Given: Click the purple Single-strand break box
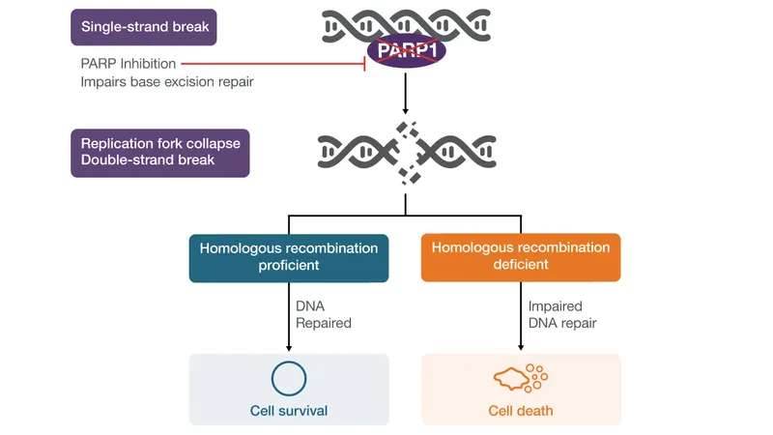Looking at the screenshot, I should tap(143, 27).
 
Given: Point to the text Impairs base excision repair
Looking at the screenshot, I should tap(167, 82).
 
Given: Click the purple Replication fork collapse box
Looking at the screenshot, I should tap(160, 152).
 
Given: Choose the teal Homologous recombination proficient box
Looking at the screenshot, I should tap(289, 256).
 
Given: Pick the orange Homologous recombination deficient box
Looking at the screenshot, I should tap(521, 256).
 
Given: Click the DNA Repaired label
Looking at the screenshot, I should tap(324, 315).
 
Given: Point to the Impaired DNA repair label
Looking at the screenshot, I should tap(562, 315).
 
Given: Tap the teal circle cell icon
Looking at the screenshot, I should tap(289, 378).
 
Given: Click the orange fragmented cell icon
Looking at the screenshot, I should tap(520, 378).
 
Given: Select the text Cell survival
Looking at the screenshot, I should tap(289, 411).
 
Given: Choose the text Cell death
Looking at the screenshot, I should tap(521, 411).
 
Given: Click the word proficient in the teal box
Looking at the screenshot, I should tap(289, 265).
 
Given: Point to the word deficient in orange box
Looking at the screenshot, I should tap(521, 265).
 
